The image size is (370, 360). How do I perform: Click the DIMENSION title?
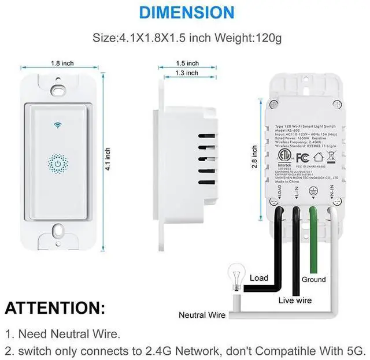[187, 12]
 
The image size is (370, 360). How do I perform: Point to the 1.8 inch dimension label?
[62, 63]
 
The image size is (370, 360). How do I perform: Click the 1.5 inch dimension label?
[188, 63]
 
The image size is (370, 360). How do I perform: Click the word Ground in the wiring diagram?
[313, 279]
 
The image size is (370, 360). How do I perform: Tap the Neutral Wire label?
[202, 315]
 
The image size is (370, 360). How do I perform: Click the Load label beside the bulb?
[259, 279]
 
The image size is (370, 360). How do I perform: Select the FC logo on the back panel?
[302, 157]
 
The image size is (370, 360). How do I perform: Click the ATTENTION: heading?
[55, 307]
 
